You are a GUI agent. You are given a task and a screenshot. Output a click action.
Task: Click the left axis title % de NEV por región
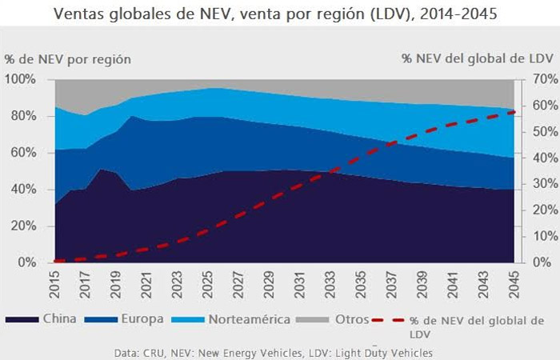click(68, 59)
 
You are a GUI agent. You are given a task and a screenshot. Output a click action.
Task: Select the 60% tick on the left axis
click(22, 153)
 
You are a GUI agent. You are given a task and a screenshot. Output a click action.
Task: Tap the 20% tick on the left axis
click(22, 226)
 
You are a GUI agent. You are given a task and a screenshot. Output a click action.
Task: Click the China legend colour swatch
click(21, 319)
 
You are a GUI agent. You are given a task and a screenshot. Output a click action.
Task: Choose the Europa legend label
click(143, 318)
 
